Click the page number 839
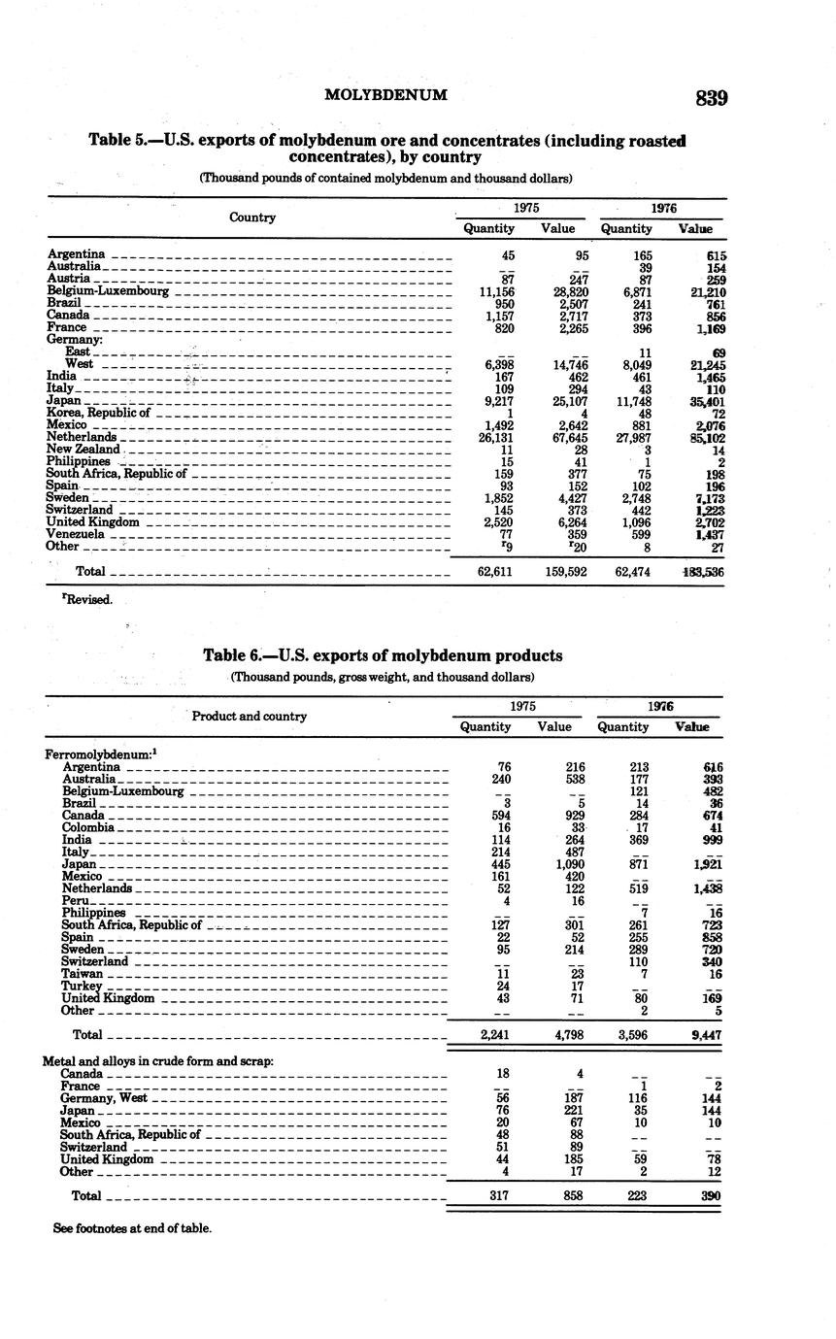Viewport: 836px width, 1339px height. pyautogui.click(x=712, y=97)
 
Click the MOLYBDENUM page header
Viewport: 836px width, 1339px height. pyautogui.click(x=385, y=95)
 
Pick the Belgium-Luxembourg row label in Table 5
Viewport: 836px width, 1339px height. pyautogui.click(x=109, y=290)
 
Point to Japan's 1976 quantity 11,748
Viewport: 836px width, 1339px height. pyautogui.click(x=626, y=400)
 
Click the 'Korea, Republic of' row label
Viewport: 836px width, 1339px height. pyautogui.click(x=98, y=413)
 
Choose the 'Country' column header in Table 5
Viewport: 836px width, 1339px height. pyautogui.click(x=252, y=218)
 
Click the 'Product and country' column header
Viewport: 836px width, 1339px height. pyautogui.click(x=249, y=716)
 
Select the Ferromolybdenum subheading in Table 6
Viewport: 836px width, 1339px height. pyautogui.click(x=93, y=753)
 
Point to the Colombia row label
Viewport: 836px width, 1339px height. pyautogui.click(x=88, y=827)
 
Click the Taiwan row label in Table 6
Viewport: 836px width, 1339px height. pyautogui.click(x=83, y=973)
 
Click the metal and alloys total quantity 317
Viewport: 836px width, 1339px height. pyautogui.click(x=497, y=1196)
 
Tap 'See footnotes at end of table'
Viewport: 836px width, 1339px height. pyautogui.click(x=132, y=1228)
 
